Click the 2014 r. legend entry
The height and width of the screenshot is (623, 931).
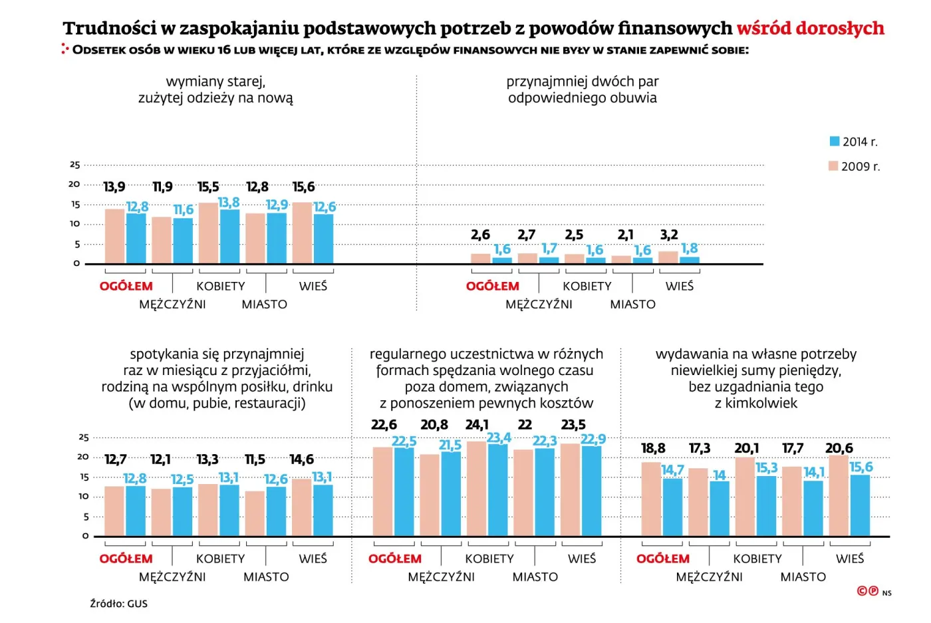(853, 142)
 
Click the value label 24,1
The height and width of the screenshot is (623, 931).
(476, 424)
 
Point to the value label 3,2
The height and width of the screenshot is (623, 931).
(669, 235)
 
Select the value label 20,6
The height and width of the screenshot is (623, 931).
(839, 448)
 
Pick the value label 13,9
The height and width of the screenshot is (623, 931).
(114, 187)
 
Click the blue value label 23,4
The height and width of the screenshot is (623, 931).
(498, 437)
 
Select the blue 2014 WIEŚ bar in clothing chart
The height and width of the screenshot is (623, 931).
(324, 239)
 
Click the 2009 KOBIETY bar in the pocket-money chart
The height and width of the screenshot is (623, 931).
(745, 496)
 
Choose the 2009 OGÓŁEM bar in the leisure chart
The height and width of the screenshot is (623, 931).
(382, 491)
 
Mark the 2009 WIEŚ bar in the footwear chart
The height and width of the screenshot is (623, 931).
(668, 257)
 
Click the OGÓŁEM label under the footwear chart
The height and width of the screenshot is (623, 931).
(492, 286)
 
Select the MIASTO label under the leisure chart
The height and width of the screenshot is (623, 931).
(535, 576)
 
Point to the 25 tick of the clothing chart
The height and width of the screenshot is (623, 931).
(75, 165)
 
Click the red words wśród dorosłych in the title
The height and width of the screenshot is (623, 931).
(810, 28)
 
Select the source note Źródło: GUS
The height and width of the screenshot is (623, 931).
(119, 604)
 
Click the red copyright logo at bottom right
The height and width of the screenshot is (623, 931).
(868, 590)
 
